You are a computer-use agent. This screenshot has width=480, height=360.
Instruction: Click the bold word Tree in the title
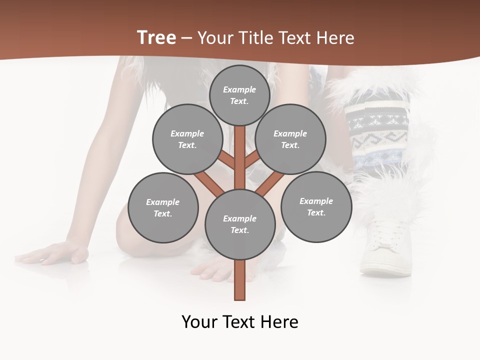[156, 37]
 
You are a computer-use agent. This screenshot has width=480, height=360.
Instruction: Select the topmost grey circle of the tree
[239, 95]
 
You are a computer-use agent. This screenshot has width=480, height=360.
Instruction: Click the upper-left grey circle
[187, 139]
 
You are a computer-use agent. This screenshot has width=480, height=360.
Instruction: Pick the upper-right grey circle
[290, 139]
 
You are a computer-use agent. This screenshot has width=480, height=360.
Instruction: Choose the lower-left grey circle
[162, 207]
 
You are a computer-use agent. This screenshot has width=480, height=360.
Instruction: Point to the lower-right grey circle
[316, 206]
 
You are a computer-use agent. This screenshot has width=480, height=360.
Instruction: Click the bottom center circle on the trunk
[239, 224]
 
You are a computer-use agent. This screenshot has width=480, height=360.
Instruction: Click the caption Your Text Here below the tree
[239, 321]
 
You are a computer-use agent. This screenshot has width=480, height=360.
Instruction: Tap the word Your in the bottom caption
[199, 321]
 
